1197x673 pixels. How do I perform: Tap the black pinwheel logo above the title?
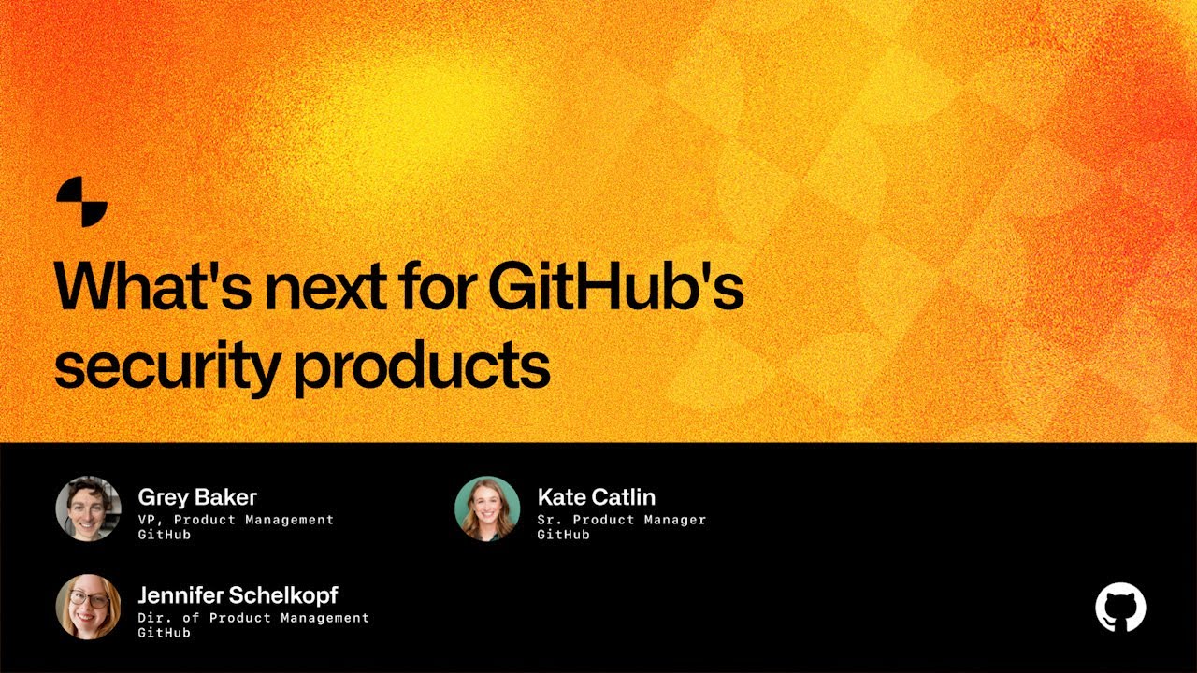[82, 201]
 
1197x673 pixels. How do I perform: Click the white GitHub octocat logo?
[1120, 608]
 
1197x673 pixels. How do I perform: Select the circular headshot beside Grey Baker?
[88, 508]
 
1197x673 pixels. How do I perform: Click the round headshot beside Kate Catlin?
[487, 508]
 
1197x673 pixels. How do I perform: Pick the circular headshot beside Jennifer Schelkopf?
[88, 607]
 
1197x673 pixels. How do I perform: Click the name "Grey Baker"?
[197, 497]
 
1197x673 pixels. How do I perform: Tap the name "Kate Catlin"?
[597, 497]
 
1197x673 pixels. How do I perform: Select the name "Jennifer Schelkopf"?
[238, 595]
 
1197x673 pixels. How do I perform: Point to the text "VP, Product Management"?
[236, 520]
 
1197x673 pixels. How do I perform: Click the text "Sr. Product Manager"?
[621, 520]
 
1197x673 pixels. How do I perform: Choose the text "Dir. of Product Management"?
[253, 618]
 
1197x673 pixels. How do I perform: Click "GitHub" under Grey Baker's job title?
[165, 535]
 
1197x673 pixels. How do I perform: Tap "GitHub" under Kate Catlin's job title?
[563, 535]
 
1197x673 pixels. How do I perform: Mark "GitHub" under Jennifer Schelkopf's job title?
[165, 633]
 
